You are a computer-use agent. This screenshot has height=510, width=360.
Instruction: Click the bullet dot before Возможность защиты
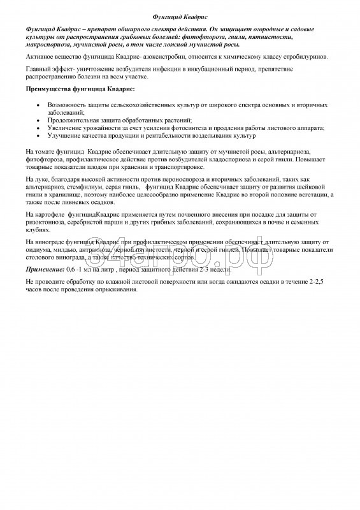[x=40, y=104]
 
